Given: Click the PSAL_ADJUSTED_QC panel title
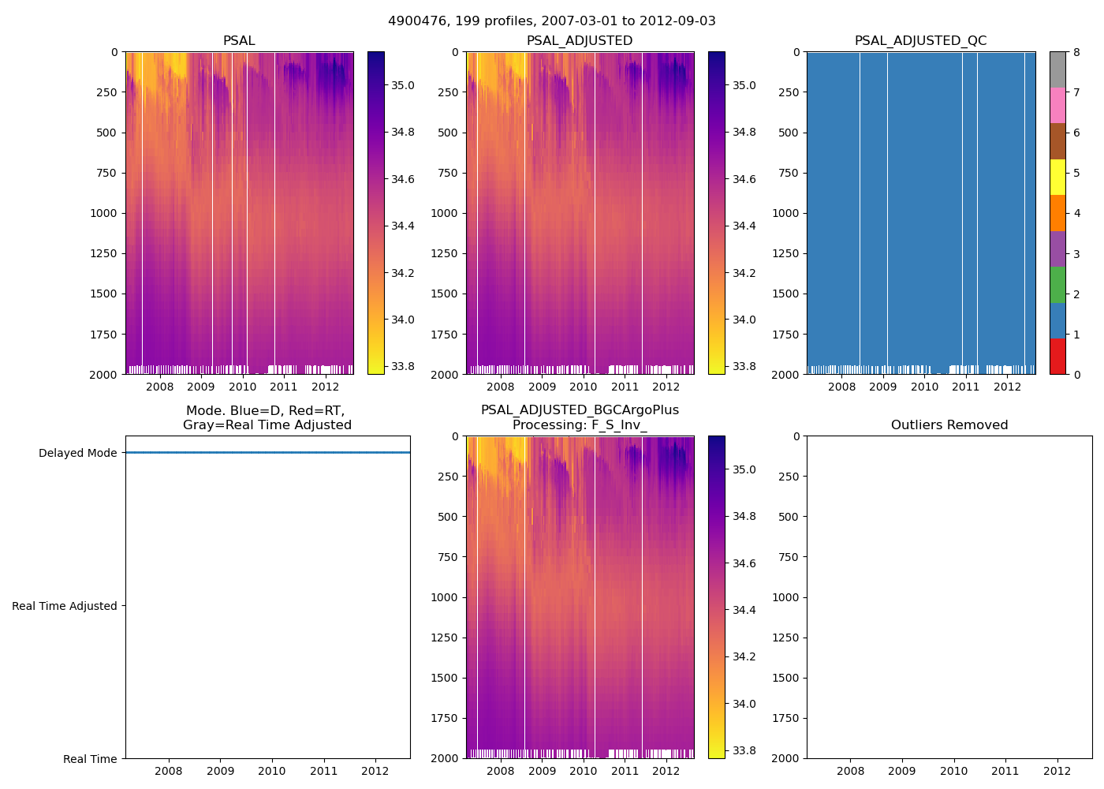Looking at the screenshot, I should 920,41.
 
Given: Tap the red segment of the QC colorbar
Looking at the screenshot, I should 1057,357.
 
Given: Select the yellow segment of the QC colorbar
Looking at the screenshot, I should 1057,177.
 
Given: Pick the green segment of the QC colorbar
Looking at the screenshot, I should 1057,285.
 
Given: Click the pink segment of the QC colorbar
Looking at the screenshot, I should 1057,105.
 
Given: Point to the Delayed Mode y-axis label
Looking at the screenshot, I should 77,453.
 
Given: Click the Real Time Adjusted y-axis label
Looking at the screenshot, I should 65,606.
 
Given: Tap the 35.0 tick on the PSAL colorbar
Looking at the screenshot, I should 403,85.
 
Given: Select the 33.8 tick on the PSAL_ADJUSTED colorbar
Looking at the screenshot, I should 744,366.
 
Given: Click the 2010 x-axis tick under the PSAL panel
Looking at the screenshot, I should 242,387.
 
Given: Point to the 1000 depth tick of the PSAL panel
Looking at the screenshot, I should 104,213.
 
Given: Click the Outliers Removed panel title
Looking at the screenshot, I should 949,425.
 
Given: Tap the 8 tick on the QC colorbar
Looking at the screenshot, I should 1076,53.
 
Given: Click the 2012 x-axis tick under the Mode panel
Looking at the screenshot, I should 375,771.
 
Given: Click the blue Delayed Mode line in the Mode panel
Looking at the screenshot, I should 268,453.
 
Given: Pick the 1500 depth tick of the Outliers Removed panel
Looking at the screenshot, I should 785,678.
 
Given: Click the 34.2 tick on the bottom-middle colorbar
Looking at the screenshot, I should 744,656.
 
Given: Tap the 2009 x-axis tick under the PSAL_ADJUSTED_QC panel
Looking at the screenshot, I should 883,387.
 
